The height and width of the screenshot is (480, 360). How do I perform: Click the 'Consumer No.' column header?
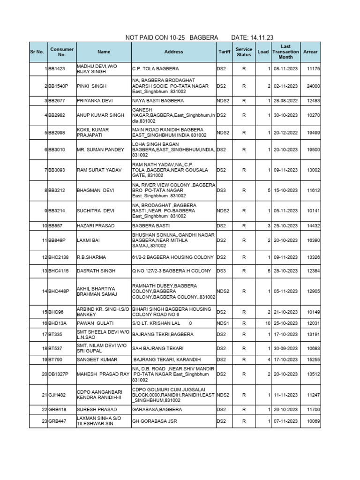62,52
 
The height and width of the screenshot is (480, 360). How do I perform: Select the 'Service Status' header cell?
244,52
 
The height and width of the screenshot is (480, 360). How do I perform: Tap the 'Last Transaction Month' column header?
285,52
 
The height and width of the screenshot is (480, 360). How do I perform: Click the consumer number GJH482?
57,395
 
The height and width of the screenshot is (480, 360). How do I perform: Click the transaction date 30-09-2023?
285,348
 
